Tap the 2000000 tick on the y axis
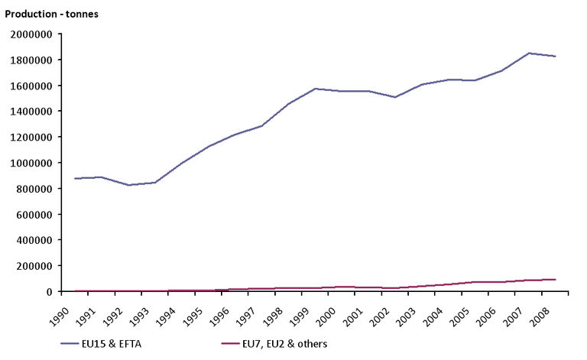(x=31, y=34)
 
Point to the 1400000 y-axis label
(x=31, y=112)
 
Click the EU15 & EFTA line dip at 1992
(x=128, y=185)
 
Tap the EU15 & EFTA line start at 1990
(x=73, y=178)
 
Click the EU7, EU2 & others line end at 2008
(x=555, y=280)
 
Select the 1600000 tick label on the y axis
(x=31, y=86)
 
